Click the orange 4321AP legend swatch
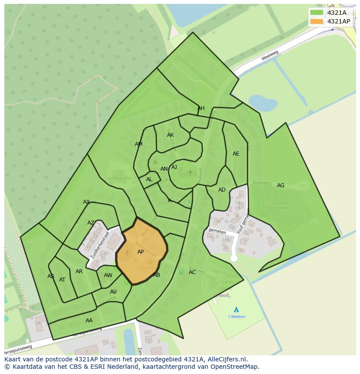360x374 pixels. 317,21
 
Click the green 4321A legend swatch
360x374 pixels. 317,13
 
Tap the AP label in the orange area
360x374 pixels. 140,252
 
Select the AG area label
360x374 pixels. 280,185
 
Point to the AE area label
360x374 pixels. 236,154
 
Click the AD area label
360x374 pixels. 222,190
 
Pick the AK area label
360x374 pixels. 170,135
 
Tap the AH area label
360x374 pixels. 201,108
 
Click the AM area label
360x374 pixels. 138,144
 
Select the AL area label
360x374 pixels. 149,179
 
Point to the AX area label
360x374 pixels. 86,202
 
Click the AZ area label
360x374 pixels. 90,223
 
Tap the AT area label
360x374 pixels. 62,280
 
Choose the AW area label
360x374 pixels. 108,275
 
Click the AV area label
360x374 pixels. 113,292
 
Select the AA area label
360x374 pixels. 89,321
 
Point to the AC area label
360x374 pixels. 192,272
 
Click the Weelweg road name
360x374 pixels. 270,56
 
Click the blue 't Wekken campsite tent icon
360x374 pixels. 236,309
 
